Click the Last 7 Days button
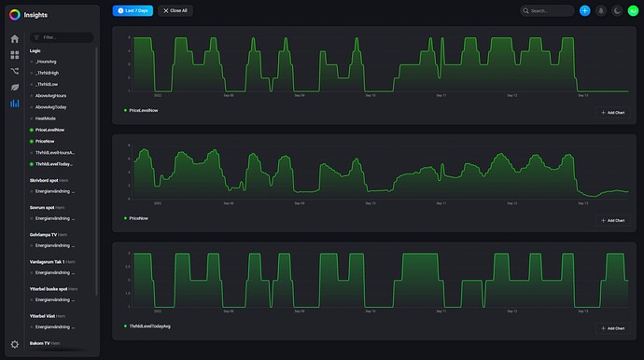[133, 10]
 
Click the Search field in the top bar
[549, 10]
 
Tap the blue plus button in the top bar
[584, 10]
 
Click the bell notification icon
[600, 10]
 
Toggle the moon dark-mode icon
[616, 10]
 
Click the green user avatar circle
[632, 10]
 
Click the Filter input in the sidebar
[63, 37]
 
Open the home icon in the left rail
[14, 39]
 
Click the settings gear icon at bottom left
[14, 344]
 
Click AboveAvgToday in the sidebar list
[52, 107]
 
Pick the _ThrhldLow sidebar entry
[48, 84]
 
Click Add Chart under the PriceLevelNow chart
[613, 112]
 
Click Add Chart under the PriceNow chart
[613, 220]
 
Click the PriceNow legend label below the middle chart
[138, 218]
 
